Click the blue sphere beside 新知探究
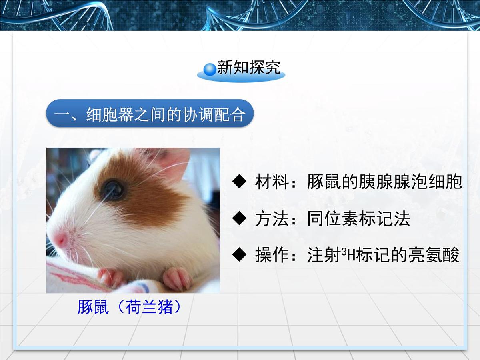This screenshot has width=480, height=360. pos(210,69)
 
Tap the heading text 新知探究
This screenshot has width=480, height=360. pos(248,68)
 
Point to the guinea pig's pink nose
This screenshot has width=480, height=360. pos(60,239)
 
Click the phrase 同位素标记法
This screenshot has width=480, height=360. pos(358,219)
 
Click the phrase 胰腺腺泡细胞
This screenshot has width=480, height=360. pos(400,182)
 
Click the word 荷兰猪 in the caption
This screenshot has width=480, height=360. pos(149,308)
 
